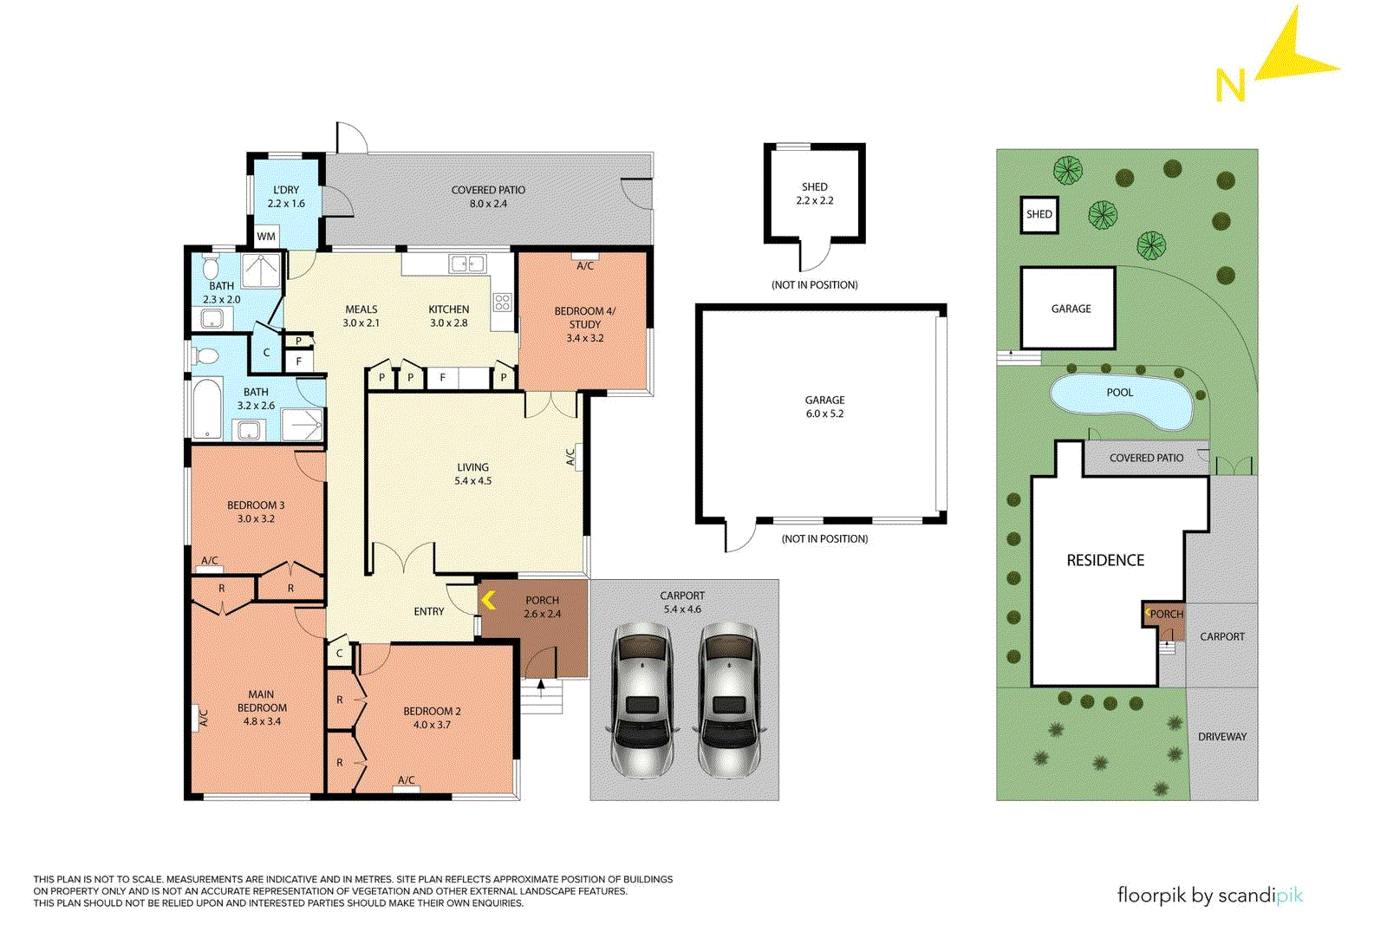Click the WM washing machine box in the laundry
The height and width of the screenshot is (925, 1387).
(x=266, y=236)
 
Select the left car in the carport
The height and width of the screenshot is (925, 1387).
(x=641, y=699)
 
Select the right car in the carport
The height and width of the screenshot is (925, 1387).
(x=728, y=699)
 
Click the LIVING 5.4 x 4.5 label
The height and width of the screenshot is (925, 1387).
(x=472, y=474)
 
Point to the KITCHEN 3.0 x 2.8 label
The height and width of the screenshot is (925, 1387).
(x=448, y=316)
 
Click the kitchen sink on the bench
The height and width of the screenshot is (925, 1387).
(x=466, y=264)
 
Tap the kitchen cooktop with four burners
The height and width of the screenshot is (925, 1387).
(x=503, y=303)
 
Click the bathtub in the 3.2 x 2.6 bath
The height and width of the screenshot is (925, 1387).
(x=207, y=409)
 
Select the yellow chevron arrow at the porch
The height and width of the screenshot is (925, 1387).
(x=488, y=600)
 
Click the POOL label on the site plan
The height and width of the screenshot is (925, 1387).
(x=1119, y=393)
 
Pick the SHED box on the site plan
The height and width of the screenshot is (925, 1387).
(x=1039, y=214)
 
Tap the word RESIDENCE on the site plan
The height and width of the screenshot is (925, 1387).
(x=1105, y=561)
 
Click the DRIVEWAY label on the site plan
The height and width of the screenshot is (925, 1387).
(x=1222, y=737)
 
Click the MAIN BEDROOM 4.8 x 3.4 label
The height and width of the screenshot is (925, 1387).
(x=261, y=707)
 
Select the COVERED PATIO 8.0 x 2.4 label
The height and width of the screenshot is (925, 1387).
(x=488, y=197)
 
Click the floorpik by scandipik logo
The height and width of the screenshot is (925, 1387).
(x=1209, y=895)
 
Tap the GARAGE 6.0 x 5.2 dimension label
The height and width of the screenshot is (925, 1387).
(x=824, y=407)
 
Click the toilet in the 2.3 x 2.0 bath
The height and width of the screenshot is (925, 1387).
(x=211, y=264)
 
